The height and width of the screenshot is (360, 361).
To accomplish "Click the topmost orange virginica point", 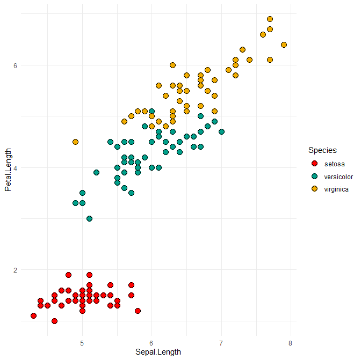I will pos(270,19).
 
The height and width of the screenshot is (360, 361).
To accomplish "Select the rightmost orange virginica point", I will pos(284,45).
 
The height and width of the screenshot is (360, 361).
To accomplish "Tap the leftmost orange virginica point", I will pos(75,142).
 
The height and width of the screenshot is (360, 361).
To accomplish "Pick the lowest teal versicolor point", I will pos(89,218).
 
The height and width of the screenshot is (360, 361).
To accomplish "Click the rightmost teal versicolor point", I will pos(221,131).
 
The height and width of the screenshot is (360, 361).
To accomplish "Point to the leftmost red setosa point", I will pos(33,315).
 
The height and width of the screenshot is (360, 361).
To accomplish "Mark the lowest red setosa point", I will pos(54,321).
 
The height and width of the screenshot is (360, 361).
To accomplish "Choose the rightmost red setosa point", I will pos(138,311).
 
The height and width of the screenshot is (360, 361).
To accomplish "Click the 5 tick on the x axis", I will pos(82,343).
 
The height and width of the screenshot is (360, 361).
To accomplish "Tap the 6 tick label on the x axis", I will pos(151,343).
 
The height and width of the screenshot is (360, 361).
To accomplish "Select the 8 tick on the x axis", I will pos(291,343).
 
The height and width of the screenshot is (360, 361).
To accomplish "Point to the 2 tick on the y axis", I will pos(16,270).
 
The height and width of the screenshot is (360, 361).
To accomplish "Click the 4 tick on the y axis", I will pos(16,167).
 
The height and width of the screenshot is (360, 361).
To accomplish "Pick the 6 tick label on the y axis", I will pos(16,65).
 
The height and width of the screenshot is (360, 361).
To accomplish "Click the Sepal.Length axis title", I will pos(158,352).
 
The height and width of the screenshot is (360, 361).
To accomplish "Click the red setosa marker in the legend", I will pos(314,163).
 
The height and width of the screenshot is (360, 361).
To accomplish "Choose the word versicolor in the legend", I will pos(338,176).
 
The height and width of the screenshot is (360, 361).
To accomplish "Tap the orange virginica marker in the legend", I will pos(314,189).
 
